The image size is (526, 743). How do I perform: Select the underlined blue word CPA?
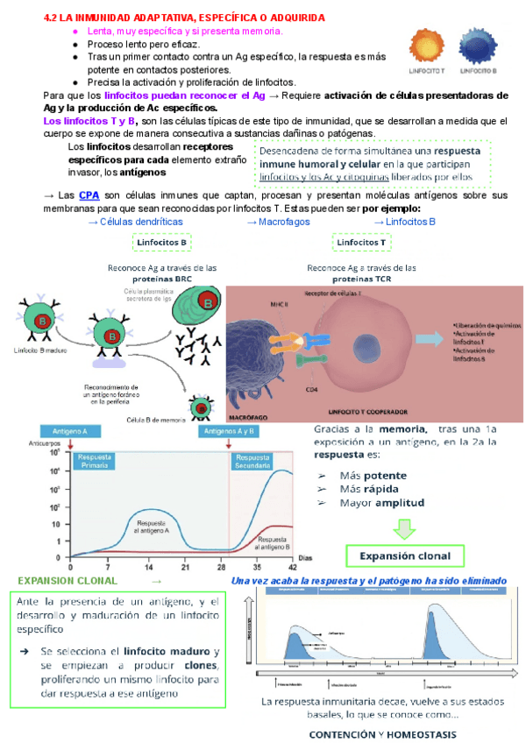pos(89,195)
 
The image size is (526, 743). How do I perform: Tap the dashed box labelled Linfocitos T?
pos(361,242)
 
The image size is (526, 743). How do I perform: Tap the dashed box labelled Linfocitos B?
pos(162,242)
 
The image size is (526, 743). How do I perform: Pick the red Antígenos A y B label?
pos(230,431)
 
